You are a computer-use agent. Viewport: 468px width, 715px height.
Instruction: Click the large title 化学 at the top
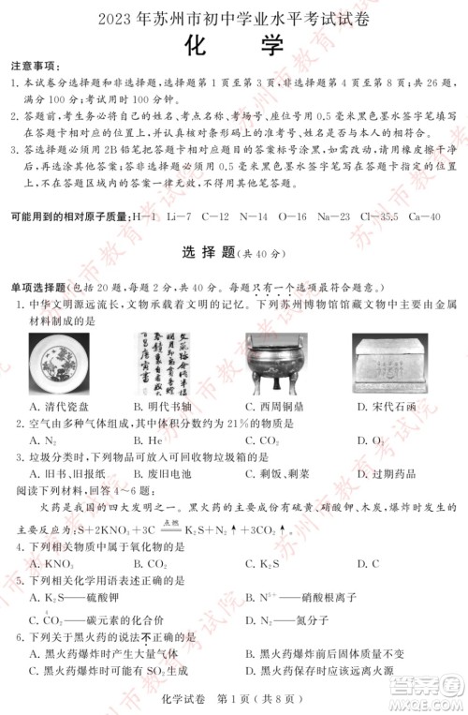(234, 43)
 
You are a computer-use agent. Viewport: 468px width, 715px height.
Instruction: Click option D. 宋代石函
(388, 406)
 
